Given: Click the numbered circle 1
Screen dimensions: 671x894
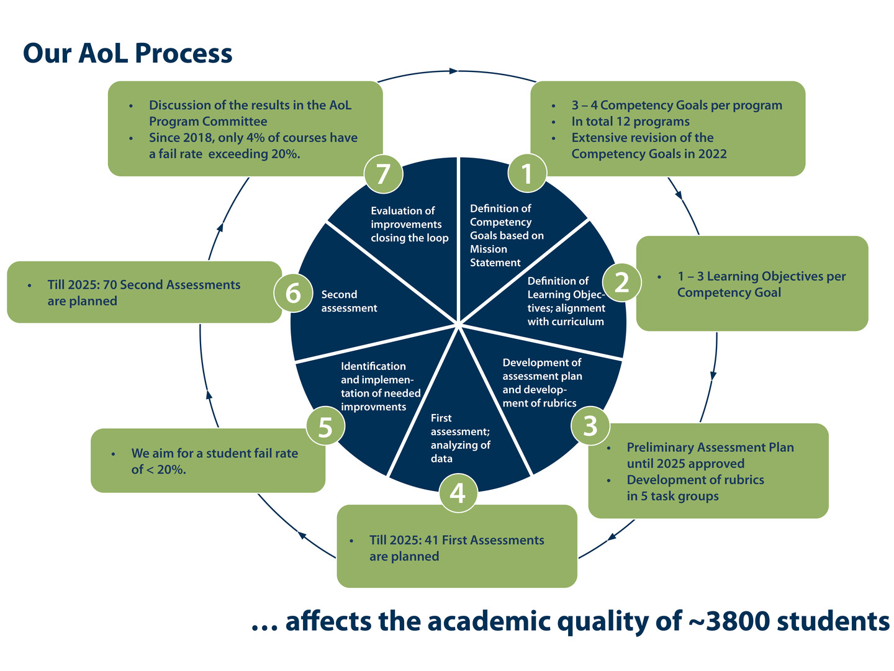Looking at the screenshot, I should [x=527, y=173].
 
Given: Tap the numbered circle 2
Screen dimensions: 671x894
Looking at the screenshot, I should [x=621, y=282].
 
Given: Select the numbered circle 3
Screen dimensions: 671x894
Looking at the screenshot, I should [x=590, y=425].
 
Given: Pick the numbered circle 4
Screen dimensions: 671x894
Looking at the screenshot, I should [x=458, y=493].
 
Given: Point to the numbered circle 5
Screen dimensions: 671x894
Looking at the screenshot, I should [x=325, y=427].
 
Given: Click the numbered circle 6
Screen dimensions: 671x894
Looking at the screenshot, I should [x=293, y=292].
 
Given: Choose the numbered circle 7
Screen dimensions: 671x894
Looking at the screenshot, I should [x=383, y=174].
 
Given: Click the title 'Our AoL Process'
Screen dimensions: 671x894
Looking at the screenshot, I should [x=127, y=53].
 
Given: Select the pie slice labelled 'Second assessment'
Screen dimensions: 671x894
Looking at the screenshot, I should [x=348, y=302].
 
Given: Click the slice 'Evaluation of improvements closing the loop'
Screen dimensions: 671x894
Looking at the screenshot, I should [x=409, y=224].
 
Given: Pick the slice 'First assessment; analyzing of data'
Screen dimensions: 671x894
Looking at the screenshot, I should [x=460, y=438].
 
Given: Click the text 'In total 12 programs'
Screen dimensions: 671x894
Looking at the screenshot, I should [x=630, y=122].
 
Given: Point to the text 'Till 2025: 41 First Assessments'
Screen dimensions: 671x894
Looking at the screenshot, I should [x=456, y=540].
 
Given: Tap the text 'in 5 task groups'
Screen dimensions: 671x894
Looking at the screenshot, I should [x=672, y=496].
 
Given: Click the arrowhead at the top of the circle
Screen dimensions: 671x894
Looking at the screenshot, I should [x=454, y=71].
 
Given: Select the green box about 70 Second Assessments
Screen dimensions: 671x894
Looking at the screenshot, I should [x=144, y=292].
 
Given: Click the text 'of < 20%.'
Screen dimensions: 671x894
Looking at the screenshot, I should [x=159, y=469].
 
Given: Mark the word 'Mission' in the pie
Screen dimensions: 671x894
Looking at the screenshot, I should [x=489, y=249].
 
